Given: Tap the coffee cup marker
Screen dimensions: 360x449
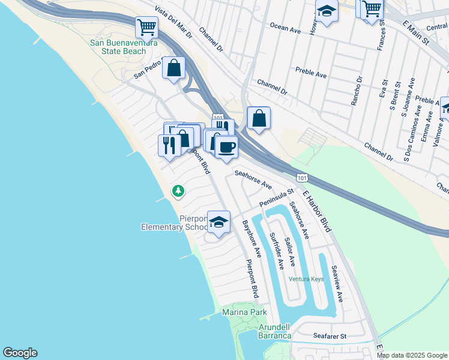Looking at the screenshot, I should (x=226, y=147).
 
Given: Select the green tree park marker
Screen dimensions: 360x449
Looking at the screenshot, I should (x=178, y=191).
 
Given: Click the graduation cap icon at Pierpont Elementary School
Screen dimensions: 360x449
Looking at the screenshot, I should (x=219, y=222).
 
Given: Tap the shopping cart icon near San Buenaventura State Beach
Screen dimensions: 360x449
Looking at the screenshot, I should (x=146, y=27).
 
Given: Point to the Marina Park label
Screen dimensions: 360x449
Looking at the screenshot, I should (x=244, y=313).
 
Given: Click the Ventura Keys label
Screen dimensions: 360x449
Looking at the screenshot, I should (x=306, y=279).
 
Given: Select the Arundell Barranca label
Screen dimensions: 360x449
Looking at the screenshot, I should (x=274, y=331).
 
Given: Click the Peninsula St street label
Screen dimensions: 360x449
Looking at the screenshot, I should (x=276, y=199).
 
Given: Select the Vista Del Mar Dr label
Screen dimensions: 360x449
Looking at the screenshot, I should (x=173, y=23).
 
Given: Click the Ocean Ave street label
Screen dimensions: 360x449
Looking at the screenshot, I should (x=285, y=28).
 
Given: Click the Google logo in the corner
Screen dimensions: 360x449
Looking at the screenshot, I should (x=20, y=353).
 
